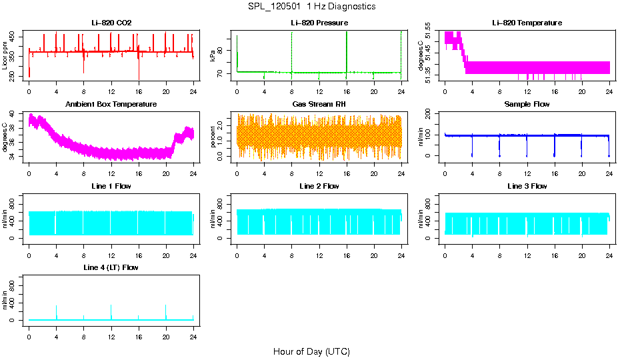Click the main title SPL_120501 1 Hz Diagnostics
(x=311, y=7)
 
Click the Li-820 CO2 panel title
(x=111, y=23)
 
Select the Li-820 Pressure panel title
(x=319, y=23)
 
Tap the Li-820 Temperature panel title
(x=527, y=23)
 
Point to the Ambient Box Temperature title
(x=111, y=105)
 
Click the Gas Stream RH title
(x=319, y=105)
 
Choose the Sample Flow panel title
(x=527, y=105)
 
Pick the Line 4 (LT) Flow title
(x=111, y=267)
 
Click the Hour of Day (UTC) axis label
(x=311, y=351)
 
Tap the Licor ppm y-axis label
(x=6, y=55)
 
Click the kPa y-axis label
(x=213, y=56)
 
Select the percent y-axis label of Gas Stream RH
(x=213, y=137)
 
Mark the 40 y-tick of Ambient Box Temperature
(x=15, y=116)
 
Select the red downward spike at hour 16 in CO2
(x=139, y=72)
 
